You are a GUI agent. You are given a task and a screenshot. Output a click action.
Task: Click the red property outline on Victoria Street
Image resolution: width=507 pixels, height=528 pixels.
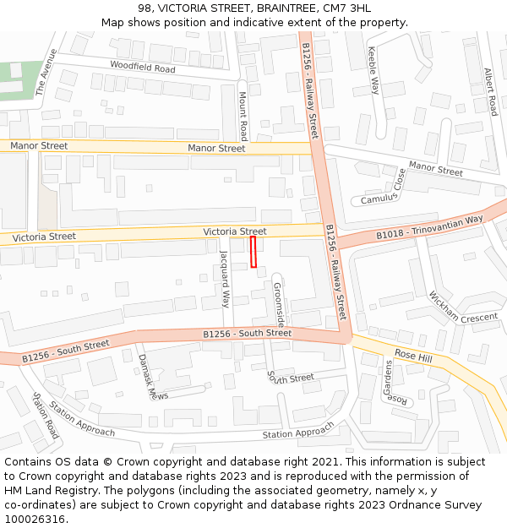(x=253, y=252)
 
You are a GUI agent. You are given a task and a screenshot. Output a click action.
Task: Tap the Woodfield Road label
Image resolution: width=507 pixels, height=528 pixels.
(x=142, y=67)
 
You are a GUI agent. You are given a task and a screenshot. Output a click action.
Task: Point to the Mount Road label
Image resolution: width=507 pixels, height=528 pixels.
(x=243, y=116)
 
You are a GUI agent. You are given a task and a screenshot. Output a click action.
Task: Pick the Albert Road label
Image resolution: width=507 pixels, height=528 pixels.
(x=491, y=91)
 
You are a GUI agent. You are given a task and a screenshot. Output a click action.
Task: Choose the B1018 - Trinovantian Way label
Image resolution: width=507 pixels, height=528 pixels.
(x=429, y=226)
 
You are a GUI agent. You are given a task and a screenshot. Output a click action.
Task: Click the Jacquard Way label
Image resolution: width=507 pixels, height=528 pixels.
(x=225, y=278)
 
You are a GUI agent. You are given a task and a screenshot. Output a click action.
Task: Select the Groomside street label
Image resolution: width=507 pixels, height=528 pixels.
(x=278, y=305)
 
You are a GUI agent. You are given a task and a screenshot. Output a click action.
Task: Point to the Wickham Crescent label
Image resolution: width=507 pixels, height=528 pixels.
(x=463, y=308)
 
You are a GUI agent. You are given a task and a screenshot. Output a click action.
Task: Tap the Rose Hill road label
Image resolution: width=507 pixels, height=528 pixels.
(x=413, y=357)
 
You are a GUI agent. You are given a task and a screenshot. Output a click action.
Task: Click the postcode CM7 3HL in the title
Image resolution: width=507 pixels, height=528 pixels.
(x=348, y=8)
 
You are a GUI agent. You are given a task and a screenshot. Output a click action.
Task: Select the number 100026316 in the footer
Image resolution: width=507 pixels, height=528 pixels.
(x=35, y=519)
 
